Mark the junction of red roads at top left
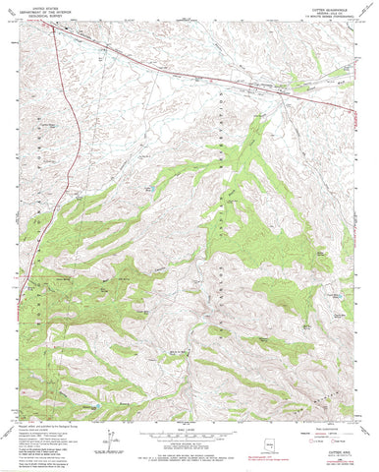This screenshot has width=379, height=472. coord(49,29)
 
